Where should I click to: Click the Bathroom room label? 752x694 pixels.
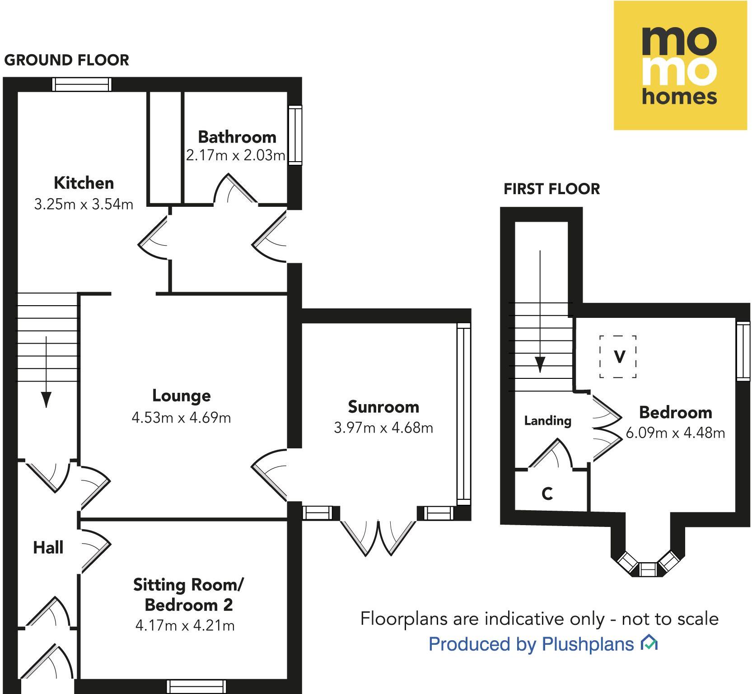[x=237, y=137]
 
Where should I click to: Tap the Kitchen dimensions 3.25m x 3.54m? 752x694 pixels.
[x=84, y=204]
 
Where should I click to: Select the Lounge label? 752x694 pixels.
[x=181, y=396]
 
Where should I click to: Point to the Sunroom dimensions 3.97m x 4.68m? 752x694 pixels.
[x=383, y=427]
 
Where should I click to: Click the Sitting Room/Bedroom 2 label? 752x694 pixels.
[x=188, y=595]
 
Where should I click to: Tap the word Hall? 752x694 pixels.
[x=48, y=548]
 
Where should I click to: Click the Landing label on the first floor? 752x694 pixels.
[x=547, y=421]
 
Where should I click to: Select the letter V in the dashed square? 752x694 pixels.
[x=619, y=357]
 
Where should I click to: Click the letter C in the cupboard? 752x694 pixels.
[x=547, y=494]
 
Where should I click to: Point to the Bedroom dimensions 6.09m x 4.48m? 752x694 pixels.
[x=675, y=433]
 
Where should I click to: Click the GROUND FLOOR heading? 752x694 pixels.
[x=66, y=60]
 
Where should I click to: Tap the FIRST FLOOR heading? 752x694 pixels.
[x=551, y=189]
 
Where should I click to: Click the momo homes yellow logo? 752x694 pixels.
[x=680, y=65]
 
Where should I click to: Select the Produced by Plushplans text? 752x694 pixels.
[x=531, y=644]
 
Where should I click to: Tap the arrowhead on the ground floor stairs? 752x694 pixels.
[x=46, y=399]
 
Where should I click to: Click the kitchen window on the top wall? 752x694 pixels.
[x=82, y=84]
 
